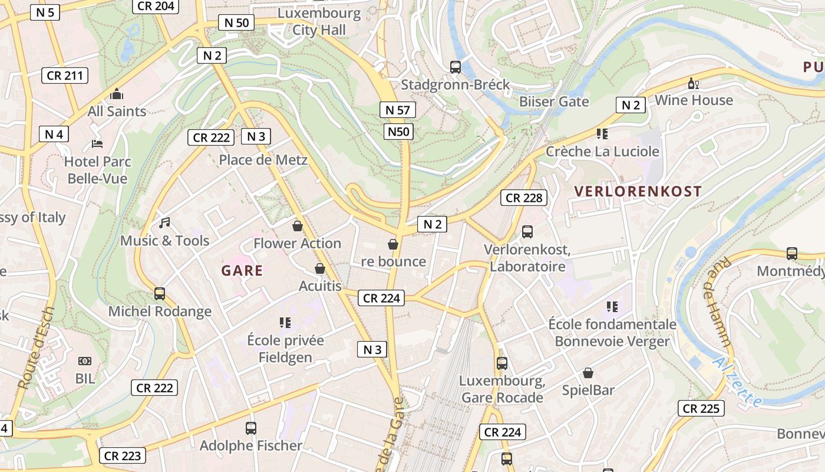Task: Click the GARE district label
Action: (242, 271)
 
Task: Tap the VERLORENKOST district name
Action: (638, 191)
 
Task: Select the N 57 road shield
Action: (398, 110)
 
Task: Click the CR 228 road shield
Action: (524, 198)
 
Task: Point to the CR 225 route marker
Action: (701, 408)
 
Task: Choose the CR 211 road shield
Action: (65, 76)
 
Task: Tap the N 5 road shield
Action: (45, 12)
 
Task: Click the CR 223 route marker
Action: (122, 455)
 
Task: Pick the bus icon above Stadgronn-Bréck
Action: (456, 67)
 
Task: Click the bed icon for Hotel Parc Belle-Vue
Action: (97, 144)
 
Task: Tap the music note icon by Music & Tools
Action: (164, 223)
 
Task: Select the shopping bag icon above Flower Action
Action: (298, 226)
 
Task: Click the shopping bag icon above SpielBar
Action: (588, 373)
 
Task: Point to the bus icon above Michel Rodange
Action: (159, 293)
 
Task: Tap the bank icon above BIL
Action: (85, 361)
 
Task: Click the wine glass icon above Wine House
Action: (693, 83)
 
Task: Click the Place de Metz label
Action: (263, 160)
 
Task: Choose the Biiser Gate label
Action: (554, 101)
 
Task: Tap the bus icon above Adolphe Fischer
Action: (251, 428)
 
